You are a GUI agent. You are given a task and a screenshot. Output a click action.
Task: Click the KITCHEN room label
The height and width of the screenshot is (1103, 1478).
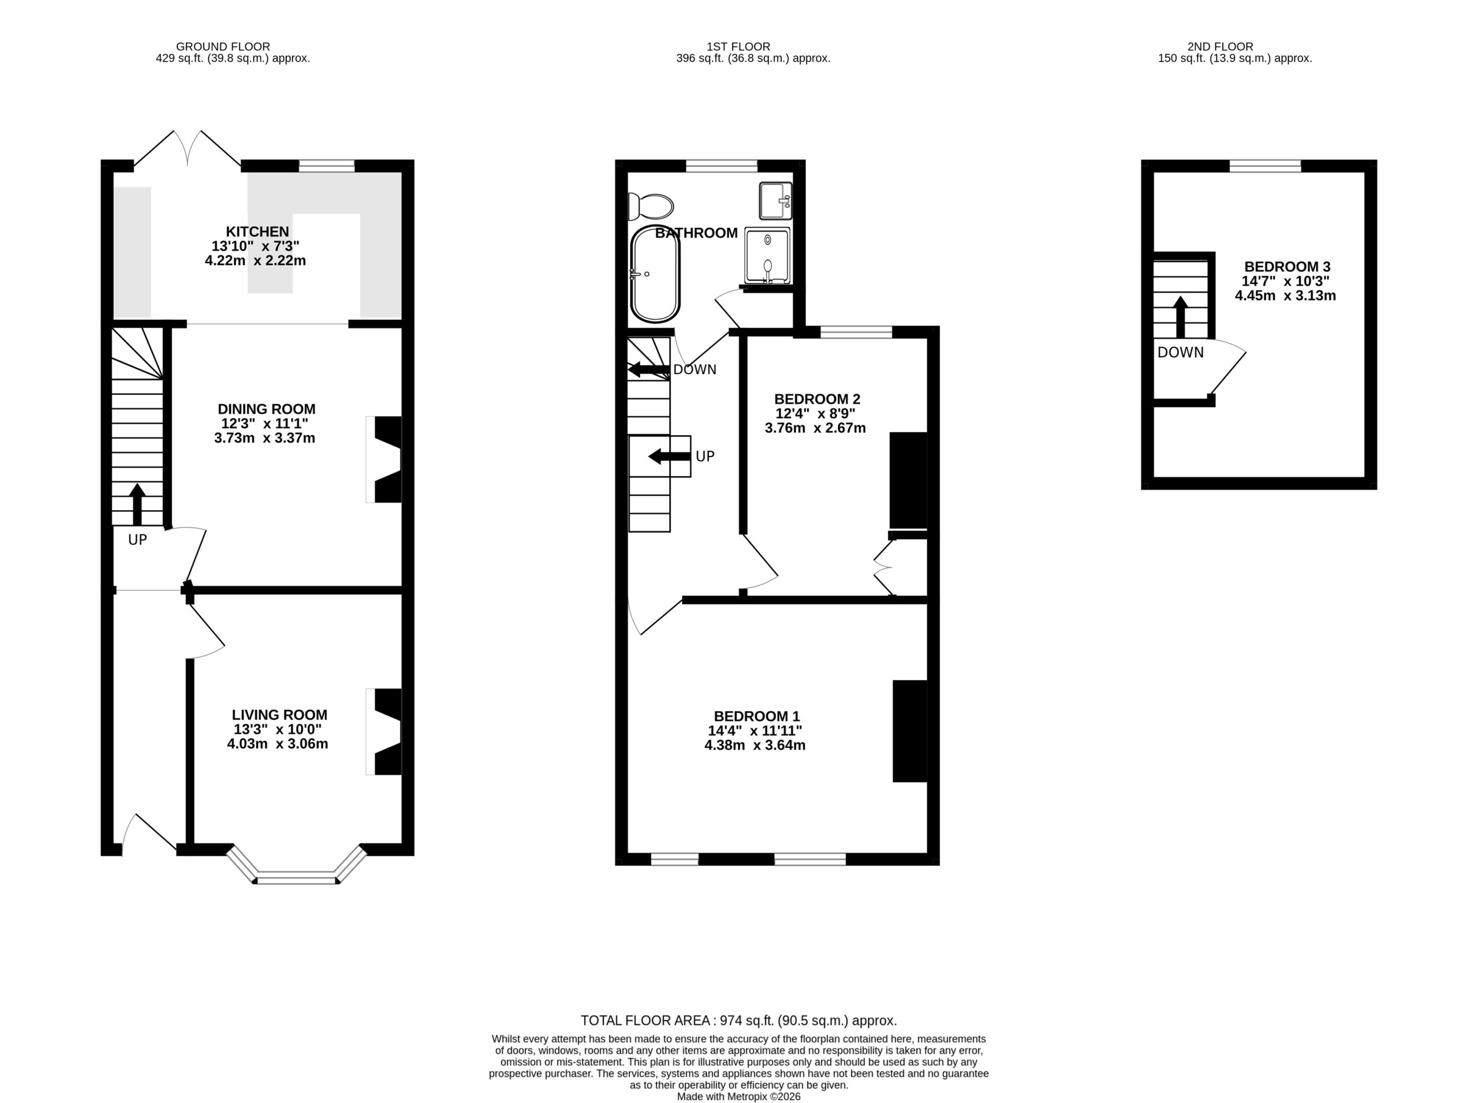pyautogui.click(x=257, y=231)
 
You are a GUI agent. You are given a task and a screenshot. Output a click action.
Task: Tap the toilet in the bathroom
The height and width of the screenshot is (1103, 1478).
pyautogui.click(x=651, y=206)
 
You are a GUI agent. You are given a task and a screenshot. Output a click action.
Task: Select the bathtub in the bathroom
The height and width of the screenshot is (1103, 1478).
pyautogui.click(x=655, y=274)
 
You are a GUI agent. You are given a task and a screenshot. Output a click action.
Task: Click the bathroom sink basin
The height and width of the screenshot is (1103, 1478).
pyautogui.click(x=775, y=200)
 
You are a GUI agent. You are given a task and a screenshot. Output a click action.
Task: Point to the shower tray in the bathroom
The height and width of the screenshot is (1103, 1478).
pyautogui.click(x=767, y=255)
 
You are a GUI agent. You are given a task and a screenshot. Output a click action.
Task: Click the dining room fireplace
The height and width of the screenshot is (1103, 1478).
pyautogui.click(x=384, y=459)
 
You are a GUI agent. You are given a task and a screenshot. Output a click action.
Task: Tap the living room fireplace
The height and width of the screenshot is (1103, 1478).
pyautogui.click(x=384, y=732)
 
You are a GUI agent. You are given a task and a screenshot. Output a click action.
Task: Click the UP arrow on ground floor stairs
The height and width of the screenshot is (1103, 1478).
pyautogui.click(x=137, y=505)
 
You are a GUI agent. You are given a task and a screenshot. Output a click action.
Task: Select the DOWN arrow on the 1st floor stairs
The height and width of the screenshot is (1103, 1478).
pyautogui.click(x=648, y=369)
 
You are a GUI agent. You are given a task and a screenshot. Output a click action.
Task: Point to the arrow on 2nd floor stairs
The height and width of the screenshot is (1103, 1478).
pyautogui.click(x=1181, y=317)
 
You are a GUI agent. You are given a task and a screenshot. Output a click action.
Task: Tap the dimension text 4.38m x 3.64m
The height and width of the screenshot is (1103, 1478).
pyautogui.click(x=755, y=745)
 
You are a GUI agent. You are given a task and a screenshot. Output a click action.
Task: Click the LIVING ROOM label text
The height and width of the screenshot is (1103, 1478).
pyautogui.click(x=280, y=715)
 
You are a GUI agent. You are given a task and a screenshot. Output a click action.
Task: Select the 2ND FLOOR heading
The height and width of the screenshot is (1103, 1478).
pyautogui.click(x=1220, y=47)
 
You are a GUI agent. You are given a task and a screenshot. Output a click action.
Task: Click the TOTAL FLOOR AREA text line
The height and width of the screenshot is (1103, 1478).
pyautogui.click(x=738, y=1020)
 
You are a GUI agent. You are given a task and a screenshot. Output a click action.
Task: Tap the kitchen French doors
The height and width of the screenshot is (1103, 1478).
pyautogui.click(x=188, y=148)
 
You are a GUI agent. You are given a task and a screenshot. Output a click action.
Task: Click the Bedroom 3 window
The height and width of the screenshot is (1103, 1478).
pyautogui.click(x=1266, y=166)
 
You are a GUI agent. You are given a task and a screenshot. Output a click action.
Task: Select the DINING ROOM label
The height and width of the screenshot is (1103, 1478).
pyautogui.click(x=267, y=409)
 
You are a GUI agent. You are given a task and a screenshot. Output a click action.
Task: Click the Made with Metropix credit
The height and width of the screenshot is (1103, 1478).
pyautogui.click(x=738, y=1096)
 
